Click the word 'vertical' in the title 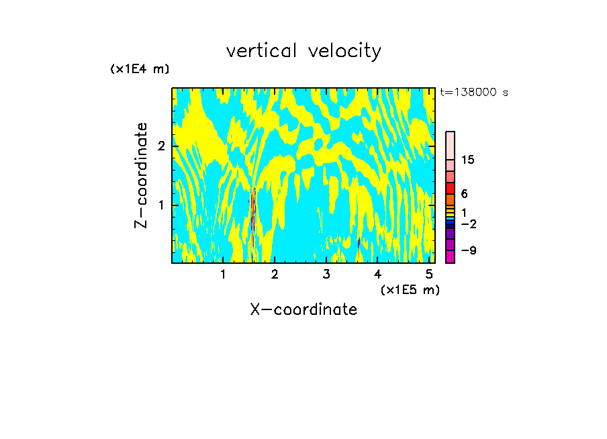click(x=263, y=51)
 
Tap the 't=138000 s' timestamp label click(x=473, y=92)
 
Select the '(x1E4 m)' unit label click(x=140, y=69)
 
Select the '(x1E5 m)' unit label click(x=410, y=289)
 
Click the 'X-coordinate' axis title click(x=303, y=309)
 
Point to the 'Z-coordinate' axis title click(x=141, y=175)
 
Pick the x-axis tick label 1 click(x=224, y=274)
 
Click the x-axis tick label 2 click(x=275, y=274)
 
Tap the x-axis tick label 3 click(x=326, y=274)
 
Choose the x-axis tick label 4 click(x=377, y=274)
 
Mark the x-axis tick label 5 click(x=429, y=274)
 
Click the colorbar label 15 click(x=468, y=160)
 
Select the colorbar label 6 click(x=465, y=193)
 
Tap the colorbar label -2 click(x=469, y=224)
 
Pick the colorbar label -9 click(x=469, y=250)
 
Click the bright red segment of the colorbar click(x=450, y=189)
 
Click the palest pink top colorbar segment click(x=450, y=145)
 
